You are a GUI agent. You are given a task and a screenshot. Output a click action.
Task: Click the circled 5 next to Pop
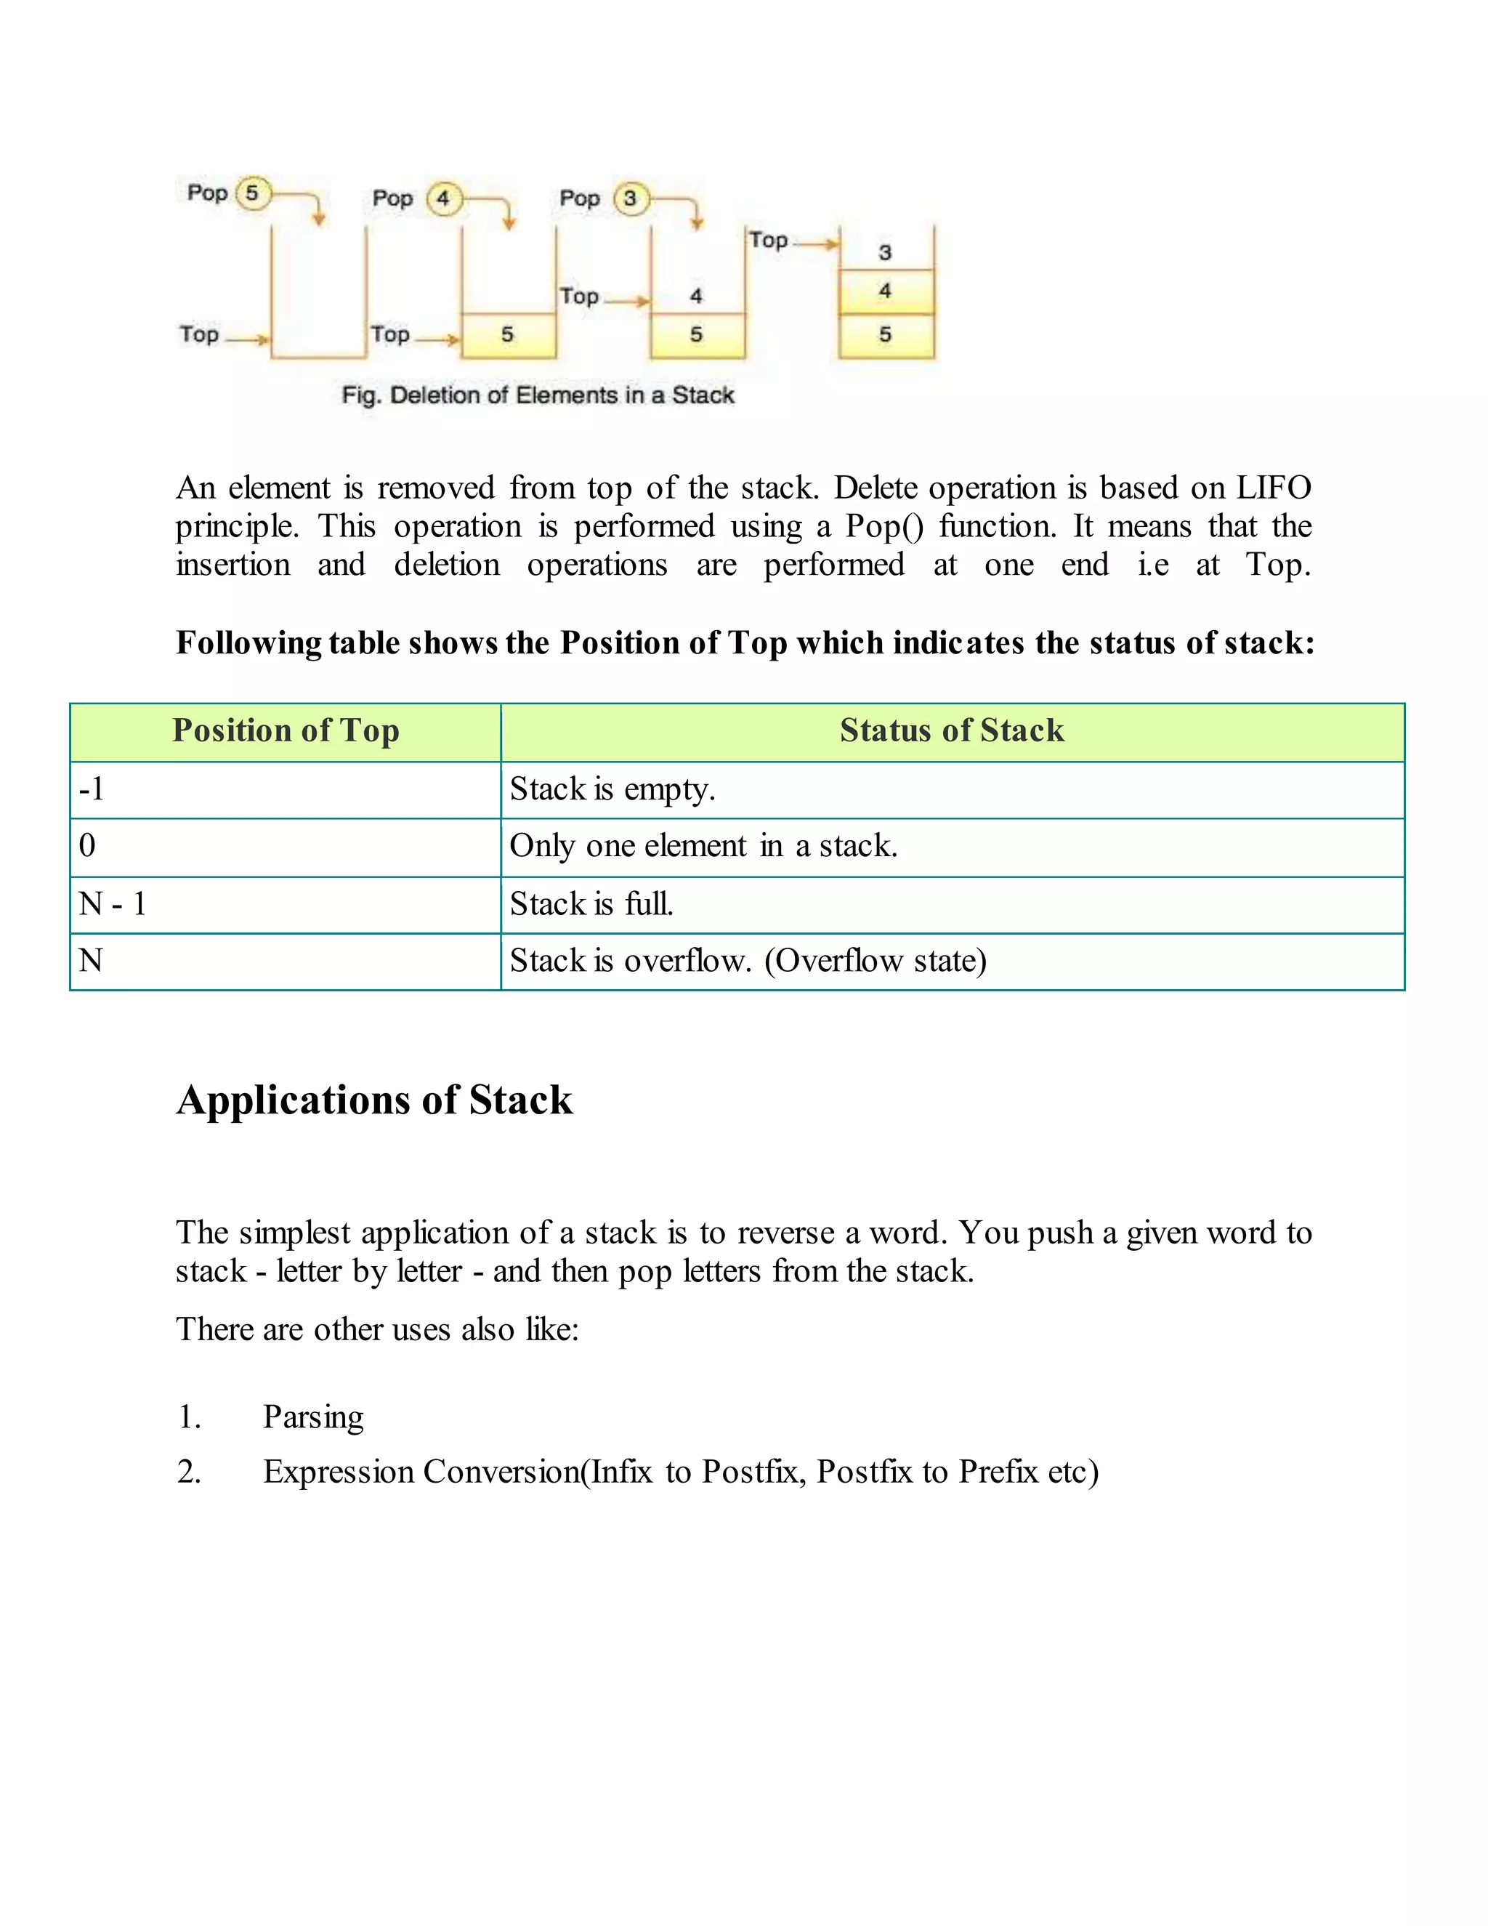(x=252, y=193)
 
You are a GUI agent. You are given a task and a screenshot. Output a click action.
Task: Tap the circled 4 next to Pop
(x=442, y=198)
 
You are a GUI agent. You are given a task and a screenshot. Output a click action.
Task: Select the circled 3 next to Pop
(x=629, y=198)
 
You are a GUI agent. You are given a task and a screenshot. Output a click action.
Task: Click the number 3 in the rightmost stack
(x=885, y=253)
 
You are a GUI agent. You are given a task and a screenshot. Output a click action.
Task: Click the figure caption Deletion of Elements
(x=538, y=395)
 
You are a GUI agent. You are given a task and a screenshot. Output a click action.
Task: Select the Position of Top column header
(x=286, y=731)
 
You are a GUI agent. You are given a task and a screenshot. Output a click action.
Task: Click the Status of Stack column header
(x=951, y=731)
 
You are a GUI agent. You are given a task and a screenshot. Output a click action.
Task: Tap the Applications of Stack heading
(x=375, y=1100)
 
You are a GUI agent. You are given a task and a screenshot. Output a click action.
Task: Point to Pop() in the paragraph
(x=884, y=526)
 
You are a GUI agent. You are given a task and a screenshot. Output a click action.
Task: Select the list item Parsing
(x=313, y=1417)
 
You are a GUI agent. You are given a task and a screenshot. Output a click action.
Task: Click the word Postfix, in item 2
(x=753, y=1472)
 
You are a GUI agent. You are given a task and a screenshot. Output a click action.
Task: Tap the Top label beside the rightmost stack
(x=768, y=240)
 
